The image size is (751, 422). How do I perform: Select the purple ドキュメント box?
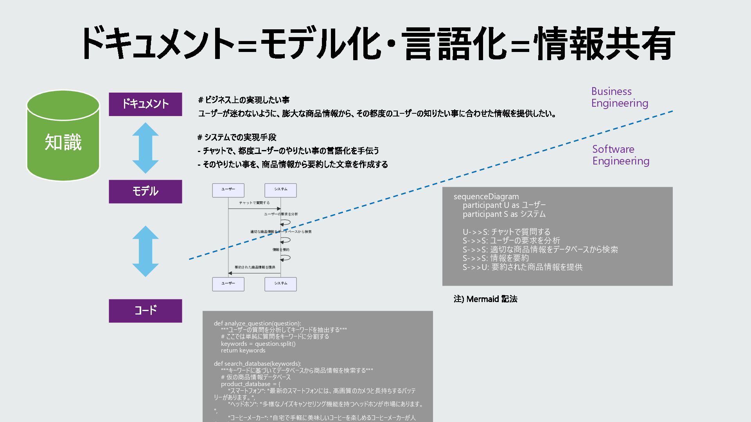145,104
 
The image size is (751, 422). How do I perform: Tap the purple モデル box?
145,191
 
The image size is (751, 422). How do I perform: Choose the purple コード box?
145,311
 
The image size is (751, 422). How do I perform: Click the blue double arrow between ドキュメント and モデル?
145,148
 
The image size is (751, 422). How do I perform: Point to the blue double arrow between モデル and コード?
145,251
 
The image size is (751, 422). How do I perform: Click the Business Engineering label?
619,97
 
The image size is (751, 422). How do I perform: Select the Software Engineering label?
620,155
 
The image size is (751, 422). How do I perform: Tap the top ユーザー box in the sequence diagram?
228,190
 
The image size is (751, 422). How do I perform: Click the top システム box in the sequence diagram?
280,190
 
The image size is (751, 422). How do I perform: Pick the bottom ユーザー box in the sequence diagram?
228,284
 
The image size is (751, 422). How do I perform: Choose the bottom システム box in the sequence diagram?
280,284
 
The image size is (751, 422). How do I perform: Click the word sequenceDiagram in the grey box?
486,197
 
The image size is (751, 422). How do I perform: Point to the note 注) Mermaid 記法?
485,299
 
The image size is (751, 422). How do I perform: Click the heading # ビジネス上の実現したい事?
244,100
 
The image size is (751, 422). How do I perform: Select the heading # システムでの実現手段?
237,137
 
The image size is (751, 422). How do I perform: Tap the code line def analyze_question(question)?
257,323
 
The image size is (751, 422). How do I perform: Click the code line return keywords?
243,350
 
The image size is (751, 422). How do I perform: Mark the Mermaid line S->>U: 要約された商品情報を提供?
522,267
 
